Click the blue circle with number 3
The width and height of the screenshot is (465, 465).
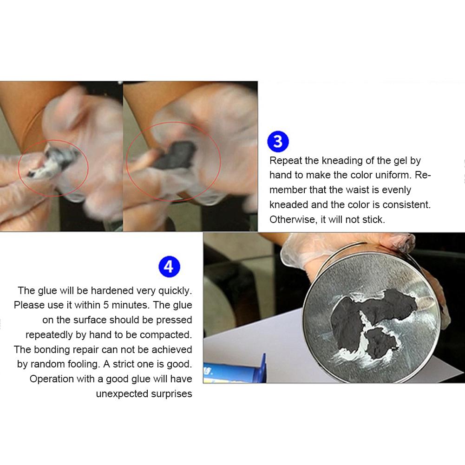point(278,141)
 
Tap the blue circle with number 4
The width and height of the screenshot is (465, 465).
point(169,267)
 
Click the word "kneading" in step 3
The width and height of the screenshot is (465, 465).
point(342,161)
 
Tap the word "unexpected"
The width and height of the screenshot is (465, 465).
point(122,394)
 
